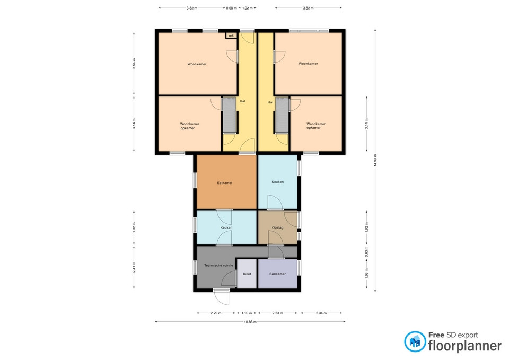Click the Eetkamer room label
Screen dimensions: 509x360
[225, 183]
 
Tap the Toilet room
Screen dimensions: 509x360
[247, 274]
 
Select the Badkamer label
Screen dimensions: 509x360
[277, 274]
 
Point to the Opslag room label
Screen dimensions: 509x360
[277, 227]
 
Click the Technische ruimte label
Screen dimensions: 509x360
[218, 265]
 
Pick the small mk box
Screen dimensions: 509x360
[231, 36]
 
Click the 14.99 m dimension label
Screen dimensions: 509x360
[375, 160]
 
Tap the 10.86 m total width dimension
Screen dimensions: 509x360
[250, 322]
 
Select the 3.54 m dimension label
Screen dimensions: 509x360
[134, 63]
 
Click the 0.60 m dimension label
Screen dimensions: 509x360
[232, 8]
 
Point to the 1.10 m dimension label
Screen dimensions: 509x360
[247, 313]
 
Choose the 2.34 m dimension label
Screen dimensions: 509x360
[321, 313]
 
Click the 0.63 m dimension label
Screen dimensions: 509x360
[367, 252]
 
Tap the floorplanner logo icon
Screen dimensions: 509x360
[415, 341]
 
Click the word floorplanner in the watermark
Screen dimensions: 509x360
[465, 345]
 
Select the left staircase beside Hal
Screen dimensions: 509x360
[229, 115]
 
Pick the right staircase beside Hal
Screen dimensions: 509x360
[282, 115]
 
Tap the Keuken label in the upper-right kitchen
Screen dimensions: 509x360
[277, 182]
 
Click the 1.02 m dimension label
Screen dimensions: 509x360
[248, 8]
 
